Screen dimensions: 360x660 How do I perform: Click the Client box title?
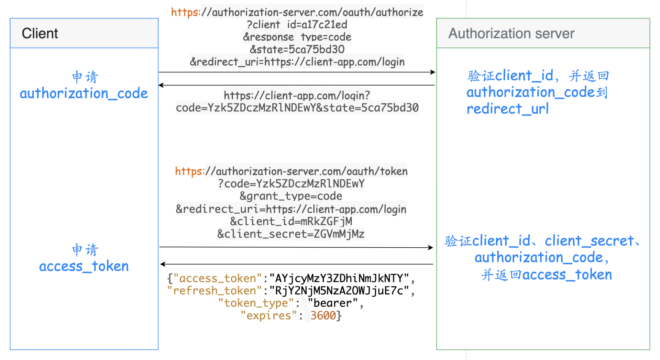pyautogui.click(x=40, y=33)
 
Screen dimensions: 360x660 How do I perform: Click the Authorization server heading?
pyautogui.click(x=511, y=33)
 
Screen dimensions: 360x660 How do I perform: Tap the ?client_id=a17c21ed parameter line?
pyautogui.click(x=297, y=25)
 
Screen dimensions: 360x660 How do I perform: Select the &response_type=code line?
pyautogui.click(x=297, y=37)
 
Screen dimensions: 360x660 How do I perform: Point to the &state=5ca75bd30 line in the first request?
pyautogui.click(x=297, y=49)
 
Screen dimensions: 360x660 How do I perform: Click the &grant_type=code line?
pyautogui.click(x=291, y=196)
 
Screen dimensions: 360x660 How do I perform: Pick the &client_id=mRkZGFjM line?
pyautogui.click(x=291, y=222)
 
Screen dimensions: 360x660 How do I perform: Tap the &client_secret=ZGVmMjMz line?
pyautogui.click(x=291, y=234)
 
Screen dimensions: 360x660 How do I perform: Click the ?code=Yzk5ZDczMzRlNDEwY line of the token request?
pyautogui.click(x=291, y=184)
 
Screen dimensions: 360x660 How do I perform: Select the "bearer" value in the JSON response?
pyautogui.click(x=332, y=303)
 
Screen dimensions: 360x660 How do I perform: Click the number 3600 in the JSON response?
pyautogui.click(x=323, y=316)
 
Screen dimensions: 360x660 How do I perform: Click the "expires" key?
pyautogui.click(x=268, y=316)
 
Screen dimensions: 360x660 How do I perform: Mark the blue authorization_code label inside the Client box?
pyautogui.click(x=84, y=93)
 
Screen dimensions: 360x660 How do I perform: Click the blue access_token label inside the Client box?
pyautogui.click(x=84, y=266)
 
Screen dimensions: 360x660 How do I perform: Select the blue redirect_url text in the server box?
pyautogui.click(x=507, y=109)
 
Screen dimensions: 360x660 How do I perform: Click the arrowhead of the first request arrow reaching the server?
pyautogui.click(x=433, y=72)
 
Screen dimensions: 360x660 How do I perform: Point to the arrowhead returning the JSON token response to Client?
pyautogui.click(x=163, y=264)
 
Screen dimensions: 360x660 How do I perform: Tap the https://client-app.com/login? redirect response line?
pyautogui.click(x=297, y=95)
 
